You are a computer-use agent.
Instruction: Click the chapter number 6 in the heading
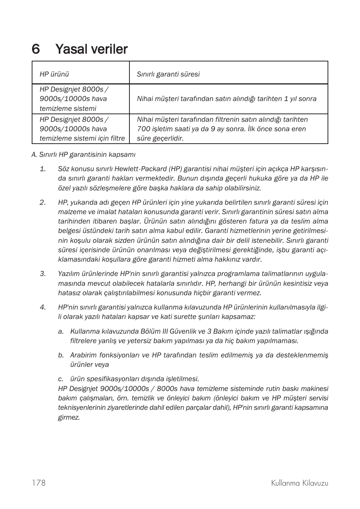36,49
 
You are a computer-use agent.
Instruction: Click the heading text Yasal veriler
91,49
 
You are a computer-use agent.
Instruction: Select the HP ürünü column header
54,74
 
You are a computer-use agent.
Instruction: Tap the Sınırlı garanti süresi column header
168,74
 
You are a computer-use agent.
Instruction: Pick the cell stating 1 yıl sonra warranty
226,99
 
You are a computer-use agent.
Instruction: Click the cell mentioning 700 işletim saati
223,129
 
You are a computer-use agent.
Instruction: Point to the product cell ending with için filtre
82,129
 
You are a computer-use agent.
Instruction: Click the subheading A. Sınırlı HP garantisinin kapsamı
83,155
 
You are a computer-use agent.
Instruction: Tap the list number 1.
43,169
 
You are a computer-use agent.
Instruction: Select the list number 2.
43,202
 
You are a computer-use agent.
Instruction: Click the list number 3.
43,273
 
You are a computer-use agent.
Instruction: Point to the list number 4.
43,307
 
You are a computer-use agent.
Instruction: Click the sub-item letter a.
61,331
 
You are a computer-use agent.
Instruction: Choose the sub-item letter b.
61,355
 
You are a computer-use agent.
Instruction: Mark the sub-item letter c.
61,379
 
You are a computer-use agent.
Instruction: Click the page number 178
38,483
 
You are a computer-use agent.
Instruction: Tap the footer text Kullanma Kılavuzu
300,483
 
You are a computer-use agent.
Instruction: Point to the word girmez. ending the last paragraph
69,417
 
